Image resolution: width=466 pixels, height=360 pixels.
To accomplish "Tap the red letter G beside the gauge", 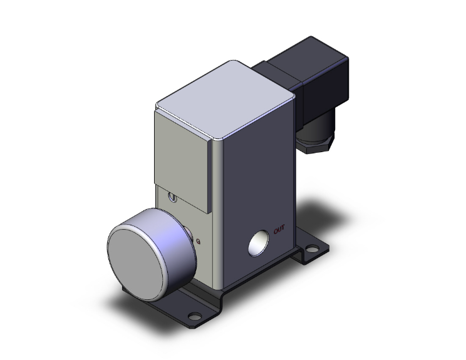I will [x=199, y=240].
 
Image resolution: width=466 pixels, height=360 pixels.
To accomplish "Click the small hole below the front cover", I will [x=173, y=199].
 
